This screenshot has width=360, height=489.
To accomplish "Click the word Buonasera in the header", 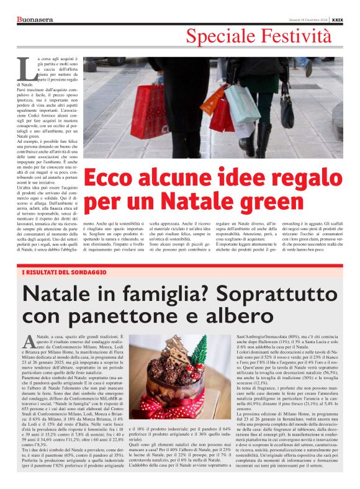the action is point(35,20).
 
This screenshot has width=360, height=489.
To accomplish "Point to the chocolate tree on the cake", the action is point(178,351).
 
